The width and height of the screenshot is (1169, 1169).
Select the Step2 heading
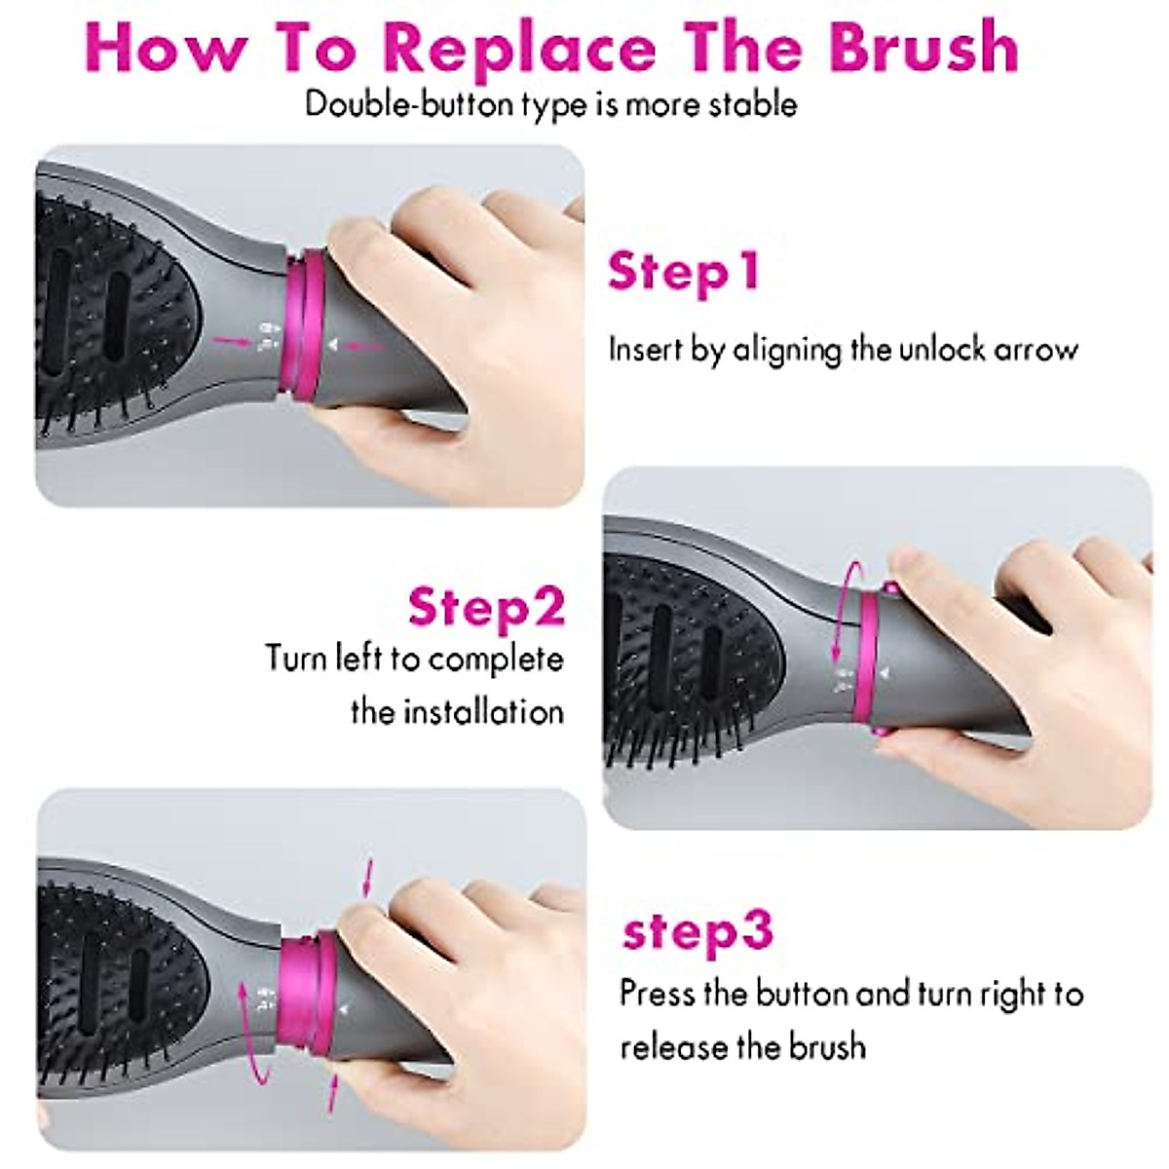pyautogui.click(x=486, y=606)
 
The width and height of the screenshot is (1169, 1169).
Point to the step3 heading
pyautogui.click(x=698, y=930)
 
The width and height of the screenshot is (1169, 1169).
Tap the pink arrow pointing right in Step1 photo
pyautogui.click(x=231, y=340)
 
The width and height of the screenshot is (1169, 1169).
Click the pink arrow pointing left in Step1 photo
pyautogui.click(x=367, y=345)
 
